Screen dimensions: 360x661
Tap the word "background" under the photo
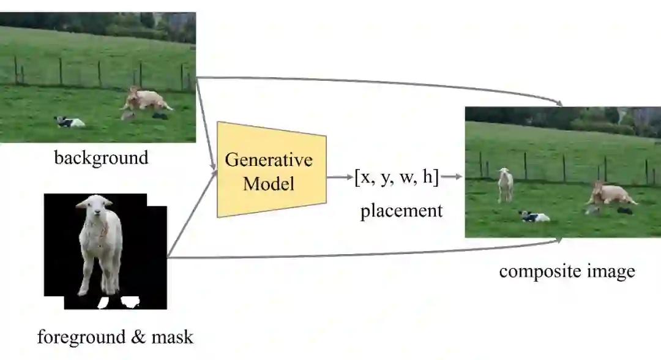point(101,158)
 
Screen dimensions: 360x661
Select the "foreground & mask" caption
point(115,337)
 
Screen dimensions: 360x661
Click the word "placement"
point(401,211)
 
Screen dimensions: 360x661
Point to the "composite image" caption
point(567,271)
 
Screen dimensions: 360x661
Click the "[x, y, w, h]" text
point(397,177)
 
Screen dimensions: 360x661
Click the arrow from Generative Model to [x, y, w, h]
point(340,178)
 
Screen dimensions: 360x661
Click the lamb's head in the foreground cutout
point(95,208)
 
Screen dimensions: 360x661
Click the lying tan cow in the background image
point(147,100)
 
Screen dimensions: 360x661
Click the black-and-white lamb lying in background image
point(70,122)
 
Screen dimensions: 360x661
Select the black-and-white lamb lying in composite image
point(534,216)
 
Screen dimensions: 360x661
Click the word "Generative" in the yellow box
point(269,160)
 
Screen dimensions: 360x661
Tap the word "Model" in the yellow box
point(269,183)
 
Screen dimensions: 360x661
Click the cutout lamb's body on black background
point(101,245)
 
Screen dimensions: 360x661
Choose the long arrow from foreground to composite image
point(367,254)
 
